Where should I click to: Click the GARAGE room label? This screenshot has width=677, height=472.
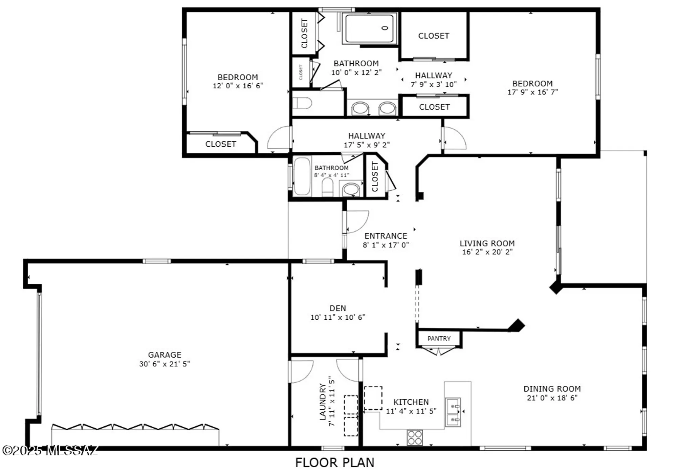click(165, 355)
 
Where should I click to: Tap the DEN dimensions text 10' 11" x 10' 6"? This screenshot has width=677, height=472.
click(338, 317)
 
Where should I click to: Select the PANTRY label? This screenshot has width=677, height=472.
click(439, 338)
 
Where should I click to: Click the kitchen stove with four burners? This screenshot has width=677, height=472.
click(415, 437)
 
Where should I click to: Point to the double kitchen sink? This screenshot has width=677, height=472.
click(453, 412)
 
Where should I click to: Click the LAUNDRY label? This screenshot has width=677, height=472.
click(323, 402)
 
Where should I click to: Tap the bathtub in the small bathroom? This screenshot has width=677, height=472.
click(302, 176)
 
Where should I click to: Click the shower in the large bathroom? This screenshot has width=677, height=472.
click(370, 28)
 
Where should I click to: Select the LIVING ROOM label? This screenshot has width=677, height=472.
click(487, 243)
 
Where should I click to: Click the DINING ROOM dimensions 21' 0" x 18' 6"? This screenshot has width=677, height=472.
click(552, 398)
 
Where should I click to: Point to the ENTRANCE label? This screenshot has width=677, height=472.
click(386, 236)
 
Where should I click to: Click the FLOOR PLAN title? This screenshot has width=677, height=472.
click(335, 463)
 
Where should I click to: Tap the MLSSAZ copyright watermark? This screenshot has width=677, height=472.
click(50, 450)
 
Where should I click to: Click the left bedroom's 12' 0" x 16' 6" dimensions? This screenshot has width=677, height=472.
click(238, 86)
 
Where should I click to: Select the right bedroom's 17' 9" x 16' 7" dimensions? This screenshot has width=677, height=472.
click(532, 92)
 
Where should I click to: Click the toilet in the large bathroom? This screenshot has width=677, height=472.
click(302, 103)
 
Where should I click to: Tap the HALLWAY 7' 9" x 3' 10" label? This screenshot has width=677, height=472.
click(434, 80)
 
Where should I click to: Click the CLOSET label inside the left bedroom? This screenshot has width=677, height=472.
click(221, 144)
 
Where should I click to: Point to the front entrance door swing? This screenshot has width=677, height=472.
click(357, 222)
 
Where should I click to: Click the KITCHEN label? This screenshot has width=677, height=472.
click(411, 402)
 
